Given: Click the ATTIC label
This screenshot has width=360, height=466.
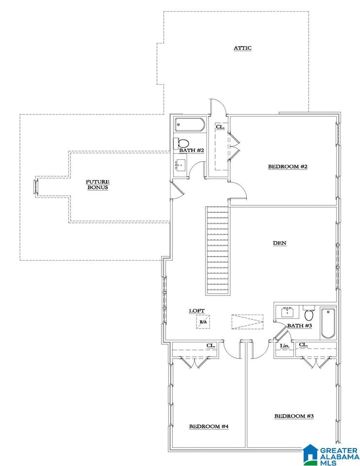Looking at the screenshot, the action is (242, 48).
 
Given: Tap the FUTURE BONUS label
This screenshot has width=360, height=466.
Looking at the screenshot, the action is (98, 184).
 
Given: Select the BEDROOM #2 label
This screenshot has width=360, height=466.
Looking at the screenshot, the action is (288, 166).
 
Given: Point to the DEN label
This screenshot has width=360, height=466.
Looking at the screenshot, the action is (280, 243).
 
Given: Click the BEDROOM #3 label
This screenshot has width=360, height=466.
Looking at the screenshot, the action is (294, 416).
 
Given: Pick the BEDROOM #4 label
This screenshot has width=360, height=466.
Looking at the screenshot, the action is (209, 427).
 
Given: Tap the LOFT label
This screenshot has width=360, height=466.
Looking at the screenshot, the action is (197, 311).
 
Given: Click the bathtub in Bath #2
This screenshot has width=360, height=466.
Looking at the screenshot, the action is (190, 125).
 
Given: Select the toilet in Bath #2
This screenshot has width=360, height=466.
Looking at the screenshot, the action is (181, 143).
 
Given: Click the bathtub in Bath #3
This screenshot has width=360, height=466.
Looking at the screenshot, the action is (327, 323).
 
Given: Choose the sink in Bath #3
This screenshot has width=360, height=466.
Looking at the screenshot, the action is (288, 312).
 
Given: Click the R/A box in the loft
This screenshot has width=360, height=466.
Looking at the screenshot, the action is (203, 322).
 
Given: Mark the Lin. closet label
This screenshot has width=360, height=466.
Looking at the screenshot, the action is (284, 346).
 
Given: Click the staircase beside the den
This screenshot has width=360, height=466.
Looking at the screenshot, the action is (218, 250).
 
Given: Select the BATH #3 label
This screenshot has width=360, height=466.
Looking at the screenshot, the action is (299, 326).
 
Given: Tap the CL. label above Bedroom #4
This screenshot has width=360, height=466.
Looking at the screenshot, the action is (211, 346).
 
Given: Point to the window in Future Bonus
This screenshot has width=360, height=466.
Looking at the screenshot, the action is (36, 186).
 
